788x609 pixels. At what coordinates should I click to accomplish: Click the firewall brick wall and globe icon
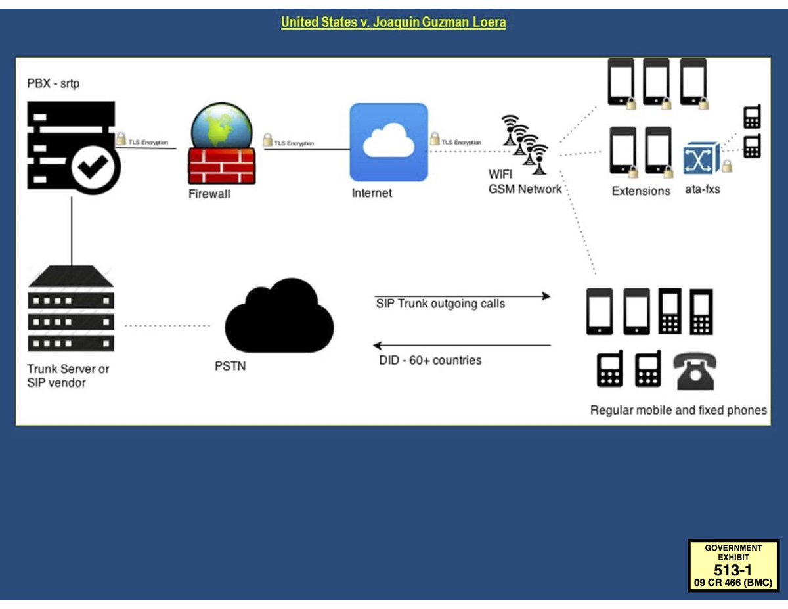point(221,145)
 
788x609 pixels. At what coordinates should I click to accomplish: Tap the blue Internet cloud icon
point(389,142)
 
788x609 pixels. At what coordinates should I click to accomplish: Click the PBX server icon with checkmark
point(72,146)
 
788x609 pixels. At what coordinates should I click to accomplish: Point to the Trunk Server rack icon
point(71,309)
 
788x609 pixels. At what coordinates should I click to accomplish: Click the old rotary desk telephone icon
point(695,371)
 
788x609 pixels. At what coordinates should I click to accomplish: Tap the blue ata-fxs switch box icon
point(701,158)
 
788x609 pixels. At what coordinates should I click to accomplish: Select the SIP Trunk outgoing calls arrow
point(462,296)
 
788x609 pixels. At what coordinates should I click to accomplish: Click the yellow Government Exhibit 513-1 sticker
point(733,565)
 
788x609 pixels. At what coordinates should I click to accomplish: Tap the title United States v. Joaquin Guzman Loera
point(393,22)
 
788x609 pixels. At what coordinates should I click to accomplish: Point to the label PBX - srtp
point(53,83)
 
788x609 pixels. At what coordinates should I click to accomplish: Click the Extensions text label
point(640,191)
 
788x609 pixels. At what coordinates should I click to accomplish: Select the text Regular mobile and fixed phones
point(678,410)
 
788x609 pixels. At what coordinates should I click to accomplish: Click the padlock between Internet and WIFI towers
point(434,139)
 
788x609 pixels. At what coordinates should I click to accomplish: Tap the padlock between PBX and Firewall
point(121,139)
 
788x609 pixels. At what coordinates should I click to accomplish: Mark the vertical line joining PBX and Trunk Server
point(72,230)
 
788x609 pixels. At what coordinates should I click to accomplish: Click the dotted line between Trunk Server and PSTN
point(167,325)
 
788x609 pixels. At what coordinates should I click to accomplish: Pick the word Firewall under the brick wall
point(209,194)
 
